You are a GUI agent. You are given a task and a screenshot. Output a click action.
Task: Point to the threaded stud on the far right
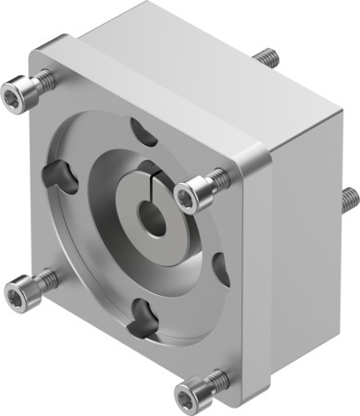350,197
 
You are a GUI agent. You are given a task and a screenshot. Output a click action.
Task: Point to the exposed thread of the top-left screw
45,80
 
